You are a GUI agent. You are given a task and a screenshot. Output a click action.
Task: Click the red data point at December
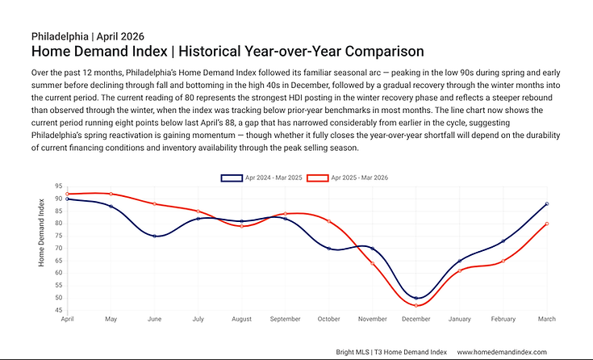[x=416, y=305]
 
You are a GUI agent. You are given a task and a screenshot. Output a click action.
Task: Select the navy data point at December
[x=416, y=298]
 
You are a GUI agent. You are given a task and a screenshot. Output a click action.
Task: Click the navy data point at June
[x=155, y=236]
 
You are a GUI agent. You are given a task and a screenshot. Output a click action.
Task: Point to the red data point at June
[x=155, y=203]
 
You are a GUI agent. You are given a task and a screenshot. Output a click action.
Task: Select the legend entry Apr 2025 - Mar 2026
[x=349, y=177]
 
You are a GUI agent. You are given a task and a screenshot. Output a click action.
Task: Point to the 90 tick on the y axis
[x=59, y=198]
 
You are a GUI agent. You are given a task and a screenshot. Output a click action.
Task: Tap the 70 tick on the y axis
[x=59, y=248]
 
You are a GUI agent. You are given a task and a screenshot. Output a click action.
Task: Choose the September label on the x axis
[x=285, y=319]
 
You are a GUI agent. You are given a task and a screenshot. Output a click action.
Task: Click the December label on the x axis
[x=416, y=319]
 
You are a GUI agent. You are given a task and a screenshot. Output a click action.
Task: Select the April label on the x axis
[x=68, y=319]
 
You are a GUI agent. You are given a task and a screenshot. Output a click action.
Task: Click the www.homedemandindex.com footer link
[x=502, y=352]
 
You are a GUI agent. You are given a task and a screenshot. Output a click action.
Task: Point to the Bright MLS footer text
[x=353, y=352]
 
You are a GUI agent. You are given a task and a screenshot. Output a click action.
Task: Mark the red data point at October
[x=328, y=221]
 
